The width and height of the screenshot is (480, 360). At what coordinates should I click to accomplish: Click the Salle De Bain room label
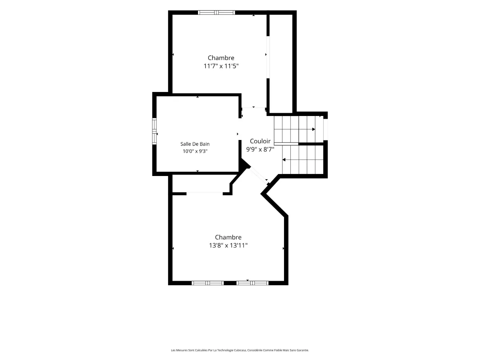click(x=195, y=144)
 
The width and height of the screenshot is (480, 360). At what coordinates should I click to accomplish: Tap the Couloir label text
click(x=260, y=141)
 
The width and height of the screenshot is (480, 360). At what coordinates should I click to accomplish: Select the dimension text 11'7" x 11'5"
click(x=221, y=66)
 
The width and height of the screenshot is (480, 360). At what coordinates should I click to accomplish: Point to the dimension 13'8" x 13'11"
click(x=228, y=246)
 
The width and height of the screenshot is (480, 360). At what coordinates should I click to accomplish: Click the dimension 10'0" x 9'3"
click(x=195, y=151)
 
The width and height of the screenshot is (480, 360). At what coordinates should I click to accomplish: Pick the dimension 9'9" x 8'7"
click(x=260, y=150)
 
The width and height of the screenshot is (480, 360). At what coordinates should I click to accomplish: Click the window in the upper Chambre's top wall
click(x=216, y=12)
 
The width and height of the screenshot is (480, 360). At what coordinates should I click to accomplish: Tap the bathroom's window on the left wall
click(x=154, y=131)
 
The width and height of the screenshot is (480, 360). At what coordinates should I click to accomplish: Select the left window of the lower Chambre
click(x=208, y=283)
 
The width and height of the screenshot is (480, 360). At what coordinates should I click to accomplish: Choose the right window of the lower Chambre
click(x=252, y=283)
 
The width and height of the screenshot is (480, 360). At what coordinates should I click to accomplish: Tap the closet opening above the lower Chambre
click(x=204, y=194)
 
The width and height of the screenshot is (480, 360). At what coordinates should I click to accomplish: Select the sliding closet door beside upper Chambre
click(x=268, y=57)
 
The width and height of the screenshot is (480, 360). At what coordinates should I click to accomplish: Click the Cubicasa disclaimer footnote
click(x=240, y=350)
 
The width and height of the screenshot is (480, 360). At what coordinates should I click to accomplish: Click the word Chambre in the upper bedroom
click(x=221, y=58)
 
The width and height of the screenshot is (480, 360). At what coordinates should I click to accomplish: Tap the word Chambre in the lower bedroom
click(x=228, y=237)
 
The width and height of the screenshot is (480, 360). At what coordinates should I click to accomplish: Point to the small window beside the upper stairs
click(x=325, y=129)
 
